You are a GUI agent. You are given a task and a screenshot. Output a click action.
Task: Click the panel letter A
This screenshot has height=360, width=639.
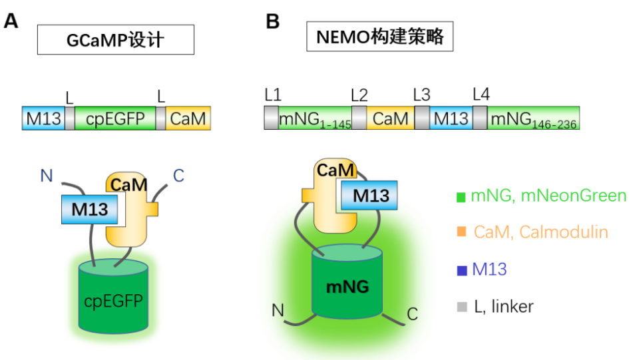11,21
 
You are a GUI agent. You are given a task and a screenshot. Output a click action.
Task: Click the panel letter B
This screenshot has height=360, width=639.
272,21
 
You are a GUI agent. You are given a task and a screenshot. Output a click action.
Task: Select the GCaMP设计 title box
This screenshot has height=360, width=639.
115,40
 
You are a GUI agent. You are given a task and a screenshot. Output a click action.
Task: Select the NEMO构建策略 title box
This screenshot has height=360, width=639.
379,37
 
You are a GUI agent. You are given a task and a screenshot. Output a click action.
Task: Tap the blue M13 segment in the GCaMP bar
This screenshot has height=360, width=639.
43,118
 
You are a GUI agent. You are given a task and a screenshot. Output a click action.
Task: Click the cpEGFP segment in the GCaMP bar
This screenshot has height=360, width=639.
114,118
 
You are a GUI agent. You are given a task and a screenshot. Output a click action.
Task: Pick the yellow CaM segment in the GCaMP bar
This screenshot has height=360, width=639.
188,118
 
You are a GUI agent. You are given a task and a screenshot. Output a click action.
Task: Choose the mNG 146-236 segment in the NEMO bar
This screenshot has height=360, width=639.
533,118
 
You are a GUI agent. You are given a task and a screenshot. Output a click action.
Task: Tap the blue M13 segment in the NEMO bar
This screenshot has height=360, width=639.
451,118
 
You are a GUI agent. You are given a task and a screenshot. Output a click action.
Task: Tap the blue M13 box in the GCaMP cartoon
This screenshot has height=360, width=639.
89,209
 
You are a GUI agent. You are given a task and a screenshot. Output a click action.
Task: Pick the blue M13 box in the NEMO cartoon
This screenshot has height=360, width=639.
369,195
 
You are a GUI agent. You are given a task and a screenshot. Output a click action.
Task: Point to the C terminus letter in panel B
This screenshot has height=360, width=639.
413,313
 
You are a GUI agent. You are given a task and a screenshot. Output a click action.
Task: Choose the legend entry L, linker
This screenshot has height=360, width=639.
496,307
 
